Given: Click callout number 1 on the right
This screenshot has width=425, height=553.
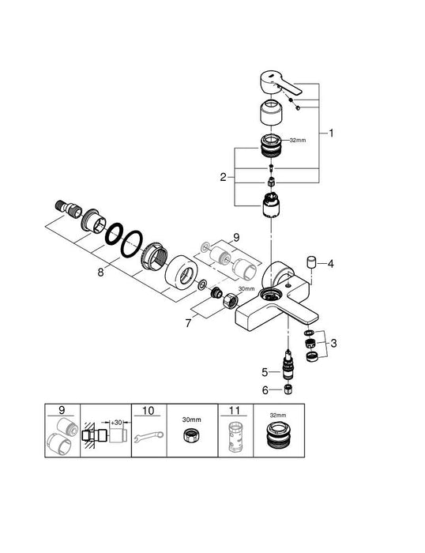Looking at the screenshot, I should (x=332, y=134).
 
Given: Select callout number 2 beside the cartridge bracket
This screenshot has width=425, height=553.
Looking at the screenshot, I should (x=224, y=177).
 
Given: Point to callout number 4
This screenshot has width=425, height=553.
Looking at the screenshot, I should (x=332, y=263).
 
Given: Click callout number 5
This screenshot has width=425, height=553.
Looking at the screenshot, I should (x=266, y=371).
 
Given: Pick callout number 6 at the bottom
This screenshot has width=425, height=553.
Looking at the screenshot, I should (x=266, y=390).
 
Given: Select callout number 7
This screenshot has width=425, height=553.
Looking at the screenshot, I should (x=186, y=323).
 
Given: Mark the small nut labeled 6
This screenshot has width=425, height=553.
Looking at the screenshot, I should (x=289, y=390).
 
